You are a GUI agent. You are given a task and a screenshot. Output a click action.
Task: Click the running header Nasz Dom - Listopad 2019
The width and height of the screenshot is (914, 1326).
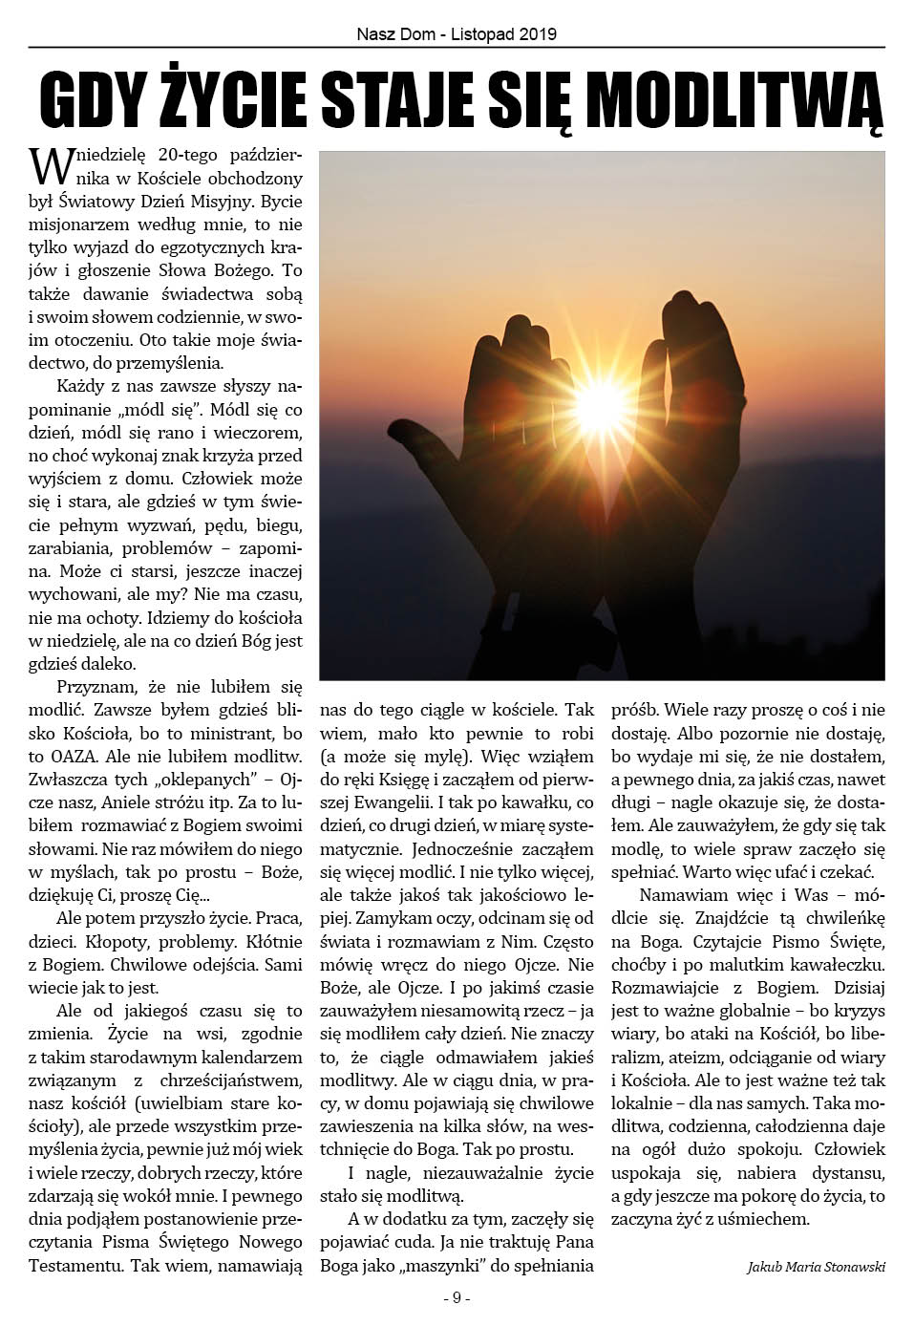click(457, 34)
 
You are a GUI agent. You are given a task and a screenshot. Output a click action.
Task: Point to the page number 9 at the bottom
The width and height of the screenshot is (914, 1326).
click(457, 1297)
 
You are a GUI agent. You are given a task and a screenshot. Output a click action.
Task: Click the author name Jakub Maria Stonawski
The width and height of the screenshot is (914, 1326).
click(816, 1267)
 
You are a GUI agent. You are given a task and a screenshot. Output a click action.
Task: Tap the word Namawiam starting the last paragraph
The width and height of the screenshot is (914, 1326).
click(675, 896)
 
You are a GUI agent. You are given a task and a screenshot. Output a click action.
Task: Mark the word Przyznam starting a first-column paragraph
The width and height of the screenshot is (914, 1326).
click(98, 687)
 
